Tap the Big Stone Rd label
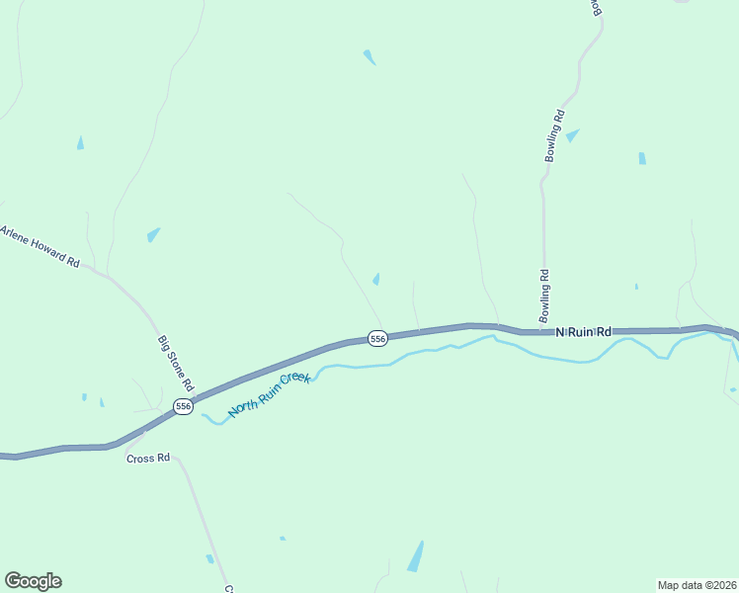[176, 363]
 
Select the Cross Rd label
[148, 459]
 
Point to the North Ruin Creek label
[270, 392]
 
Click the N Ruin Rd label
[583, 333]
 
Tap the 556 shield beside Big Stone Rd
[182, 406]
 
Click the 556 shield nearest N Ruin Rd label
[376, 339]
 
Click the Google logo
[33, 581]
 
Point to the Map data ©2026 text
[697, 584]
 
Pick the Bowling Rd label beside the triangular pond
[555, 135]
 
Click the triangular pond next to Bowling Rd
[572, 135]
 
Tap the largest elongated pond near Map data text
[416, 556]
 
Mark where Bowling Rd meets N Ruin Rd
[541, 328]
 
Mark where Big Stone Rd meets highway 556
[194, 399]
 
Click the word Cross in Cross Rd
[141, 459]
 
